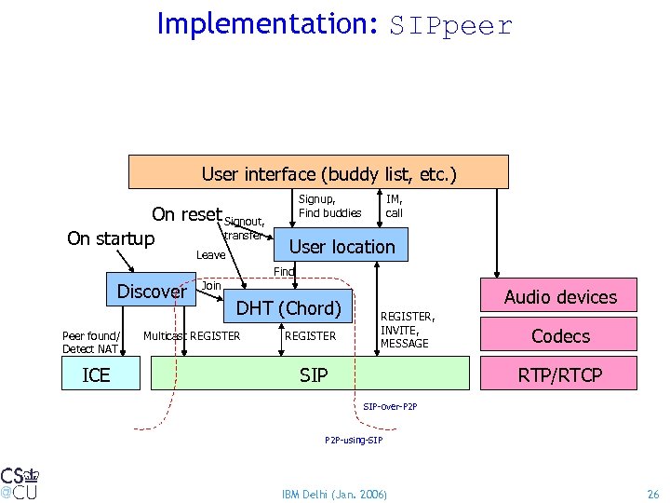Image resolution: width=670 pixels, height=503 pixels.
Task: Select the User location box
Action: (x=342, y=247)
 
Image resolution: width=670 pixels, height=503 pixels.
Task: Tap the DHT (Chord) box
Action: (x=288, y=308)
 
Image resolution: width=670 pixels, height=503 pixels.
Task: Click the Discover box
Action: (x=152, y=292)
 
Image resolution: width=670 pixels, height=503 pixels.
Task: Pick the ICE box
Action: (x=96, y=374)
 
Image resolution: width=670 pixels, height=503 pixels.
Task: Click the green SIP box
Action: (x=313, y=374)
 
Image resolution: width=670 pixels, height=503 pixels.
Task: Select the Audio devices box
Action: (x=559, y=297)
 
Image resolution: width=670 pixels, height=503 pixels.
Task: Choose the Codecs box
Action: (x=559, y=335)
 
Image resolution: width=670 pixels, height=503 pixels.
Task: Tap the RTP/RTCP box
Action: (x=559, y=374)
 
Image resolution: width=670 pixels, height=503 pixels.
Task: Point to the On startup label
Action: (x=111, y=238)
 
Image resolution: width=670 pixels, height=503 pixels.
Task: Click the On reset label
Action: (x=186, y=214)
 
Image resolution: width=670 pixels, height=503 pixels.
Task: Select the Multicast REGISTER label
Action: (x=192, y=336)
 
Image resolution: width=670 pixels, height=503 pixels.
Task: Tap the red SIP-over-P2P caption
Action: (x=390, y=407)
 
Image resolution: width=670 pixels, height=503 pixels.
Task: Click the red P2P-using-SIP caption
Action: (x=353, y=439)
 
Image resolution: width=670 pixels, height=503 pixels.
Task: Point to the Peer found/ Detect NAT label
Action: (x=90, y=342)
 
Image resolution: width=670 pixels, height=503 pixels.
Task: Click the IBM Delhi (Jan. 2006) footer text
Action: (x=334, y=492)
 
